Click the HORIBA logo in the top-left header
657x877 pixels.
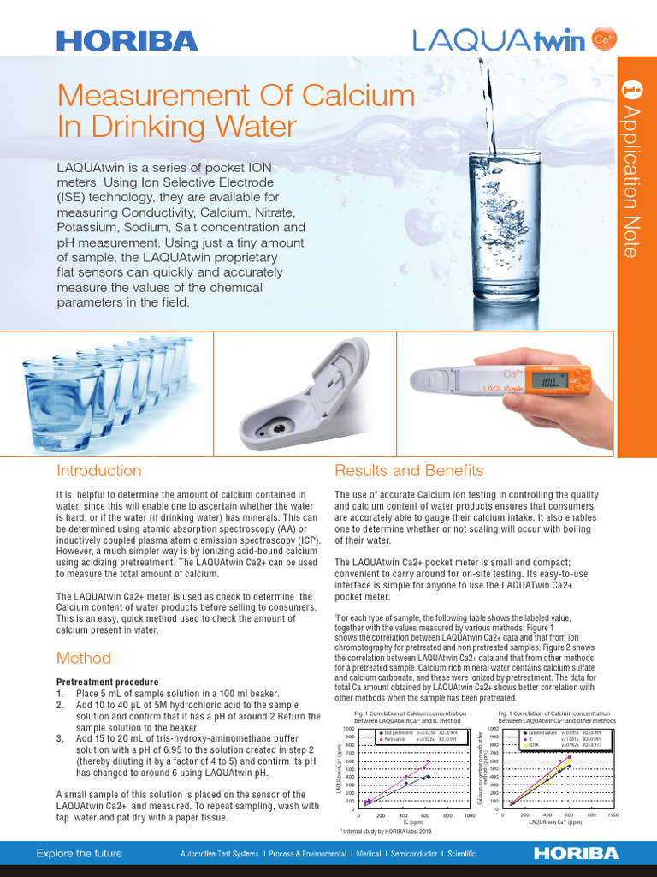(127, 39)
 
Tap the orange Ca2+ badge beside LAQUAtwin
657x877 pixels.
(605, 39)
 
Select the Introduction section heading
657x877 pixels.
(98, 471)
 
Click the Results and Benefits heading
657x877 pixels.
(409, 471)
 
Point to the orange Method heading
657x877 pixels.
(84, 658)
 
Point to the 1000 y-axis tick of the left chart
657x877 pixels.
(349, 728)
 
